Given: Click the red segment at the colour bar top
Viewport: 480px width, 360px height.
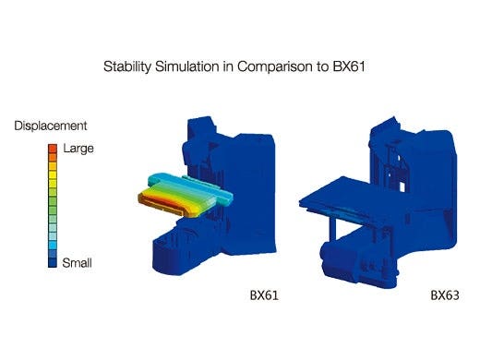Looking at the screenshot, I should pos(53,147).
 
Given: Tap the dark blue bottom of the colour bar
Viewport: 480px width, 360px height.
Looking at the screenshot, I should pos(53,259).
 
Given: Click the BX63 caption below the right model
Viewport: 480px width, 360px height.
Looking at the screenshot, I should pos(446,296).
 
